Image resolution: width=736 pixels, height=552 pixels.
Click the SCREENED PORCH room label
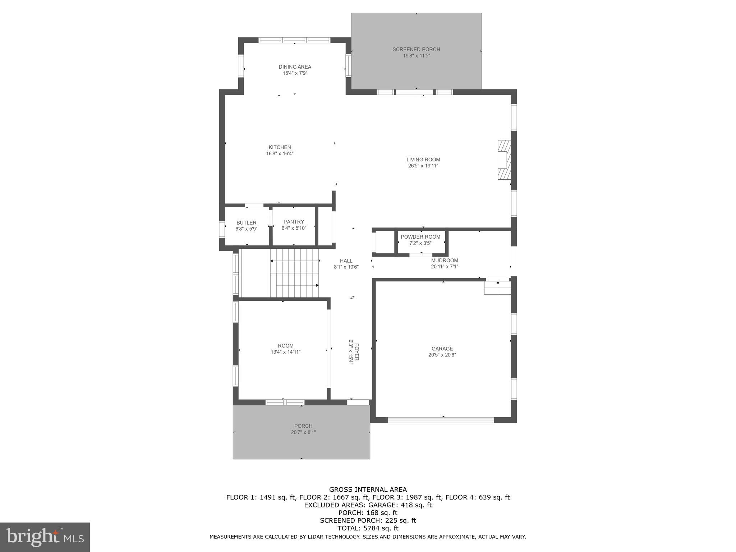point(416,49)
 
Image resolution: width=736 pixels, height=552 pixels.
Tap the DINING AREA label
point(295,67)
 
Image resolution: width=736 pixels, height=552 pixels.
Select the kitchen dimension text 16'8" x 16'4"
point(280,153)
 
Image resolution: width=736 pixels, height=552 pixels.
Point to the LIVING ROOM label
point(423,160)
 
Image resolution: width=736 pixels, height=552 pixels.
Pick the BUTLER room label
point(246,223)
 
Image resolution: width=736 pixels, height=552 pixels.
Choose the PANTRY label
point(294,222)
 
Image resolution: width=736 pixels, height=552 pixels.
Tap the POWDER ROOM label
point(420,237)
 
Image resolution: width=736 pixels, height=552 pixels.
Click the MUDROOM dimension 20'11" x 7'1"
point(445,267)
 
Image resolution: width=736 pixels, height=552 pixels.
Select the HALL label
point(346,261)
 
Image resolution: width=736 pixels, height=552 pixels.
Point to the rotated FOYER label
point(357,352)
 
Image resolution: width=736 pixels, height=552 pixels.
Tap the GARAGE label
point(442,349)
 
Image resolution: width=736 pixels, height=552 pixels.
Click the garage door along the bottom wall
point(441,420)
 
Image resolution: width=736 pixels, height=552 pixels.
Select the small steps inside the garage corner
point(497,288)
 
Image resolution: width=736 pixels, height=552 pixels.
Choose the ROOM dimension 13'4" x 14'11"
point(285,352)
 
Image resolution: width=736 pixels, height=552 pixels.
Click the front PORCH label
point(303,426)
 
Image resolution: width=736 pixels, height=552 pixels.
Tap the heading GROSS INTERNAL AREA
point(368,489)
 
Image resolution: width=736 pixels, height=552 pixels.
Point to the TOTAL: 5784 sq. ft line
point(368,528)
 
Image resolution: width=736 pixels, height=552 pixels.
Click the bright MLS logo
point(45,537)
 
